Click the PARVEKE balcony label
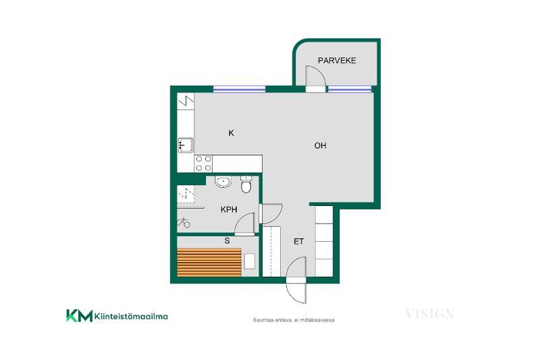(x=337, y=61)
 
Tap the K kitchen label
(x=231, y=133)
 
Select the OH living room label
(x=320, y=146)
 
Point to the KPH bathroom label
(x=229, y=209)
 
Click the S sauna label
(x=227, y=241)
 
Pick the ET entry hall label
(x=298, y=242)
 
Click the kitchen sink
(x=185, y=145)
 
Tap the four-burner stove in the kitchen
(x=203, y=163)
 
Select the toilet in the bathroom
(x=246, y=184)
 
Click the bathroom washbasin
(x=223, y=182)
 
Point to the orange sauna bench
(x=209, y=263)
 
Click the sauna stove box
(x=250, y=261)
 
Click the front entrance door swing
(x=296, y=280)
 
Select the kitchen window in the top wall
(x=240, y=89)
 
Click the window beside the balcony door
(x=349, y=89)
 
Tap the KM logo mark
(x=79, y=315)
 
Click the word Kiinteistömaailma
(x=131, y=316)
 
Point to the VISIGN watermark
(x=429, y=314)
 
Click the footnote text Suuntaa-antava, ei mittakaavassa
(x=294, y=320)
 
